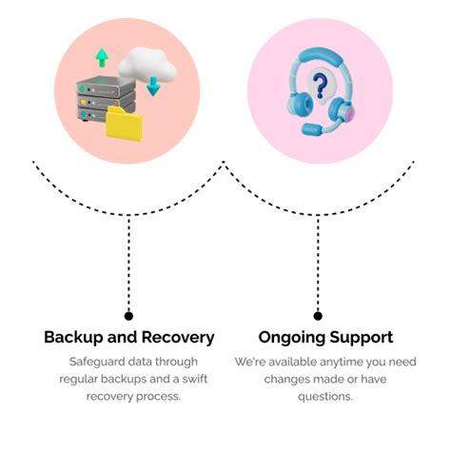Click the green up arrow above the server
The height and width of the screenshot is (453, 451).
pyautogui.click(x=102, y=58)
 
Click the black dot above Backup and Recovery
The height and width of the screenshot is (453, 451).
pyautogui.click(x=128, y=315)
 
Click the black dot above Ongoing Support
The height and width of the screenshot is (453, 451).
pyautogui.click(x=318, y=315)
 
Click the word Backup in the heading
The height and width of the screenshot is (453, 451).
pyautogui.click(x=75, y=338)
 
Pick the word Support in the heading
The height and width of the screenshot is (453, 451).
pyautogui.click(x=359, y=338)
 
